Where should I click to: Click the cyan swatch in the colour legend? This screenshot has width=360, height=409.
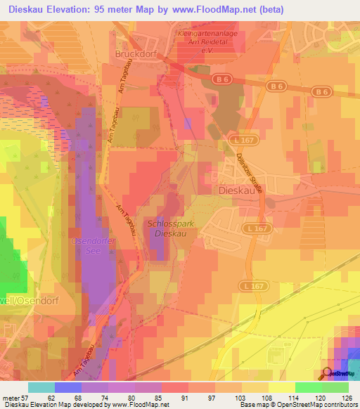pyautogui.click(x=41, y=387)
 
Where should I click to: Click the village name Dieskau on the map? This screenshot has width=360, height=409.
pyautogui.click(x=236, y=190)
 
